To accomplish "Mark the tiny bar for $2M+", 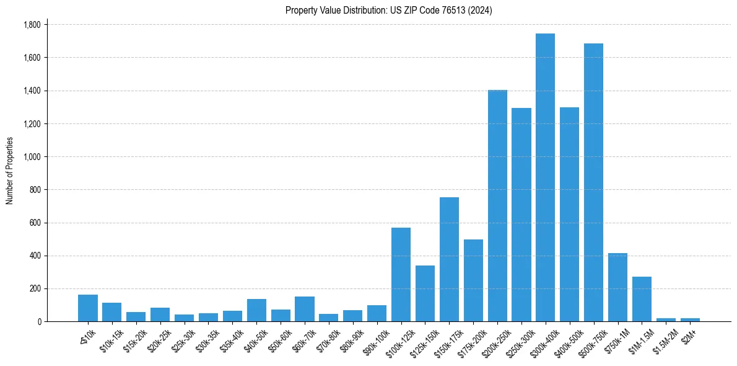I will coord(690,319).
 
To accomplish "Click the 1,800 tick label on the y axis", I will coord(32,25).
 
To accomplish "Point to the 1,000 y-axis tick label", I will coord(32,157).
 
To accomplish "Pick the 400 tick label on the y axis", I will coord(35,256).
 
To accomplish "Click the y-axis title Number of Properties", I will coord(9,171).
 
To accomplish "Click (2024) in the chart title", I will coord(479,10).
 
